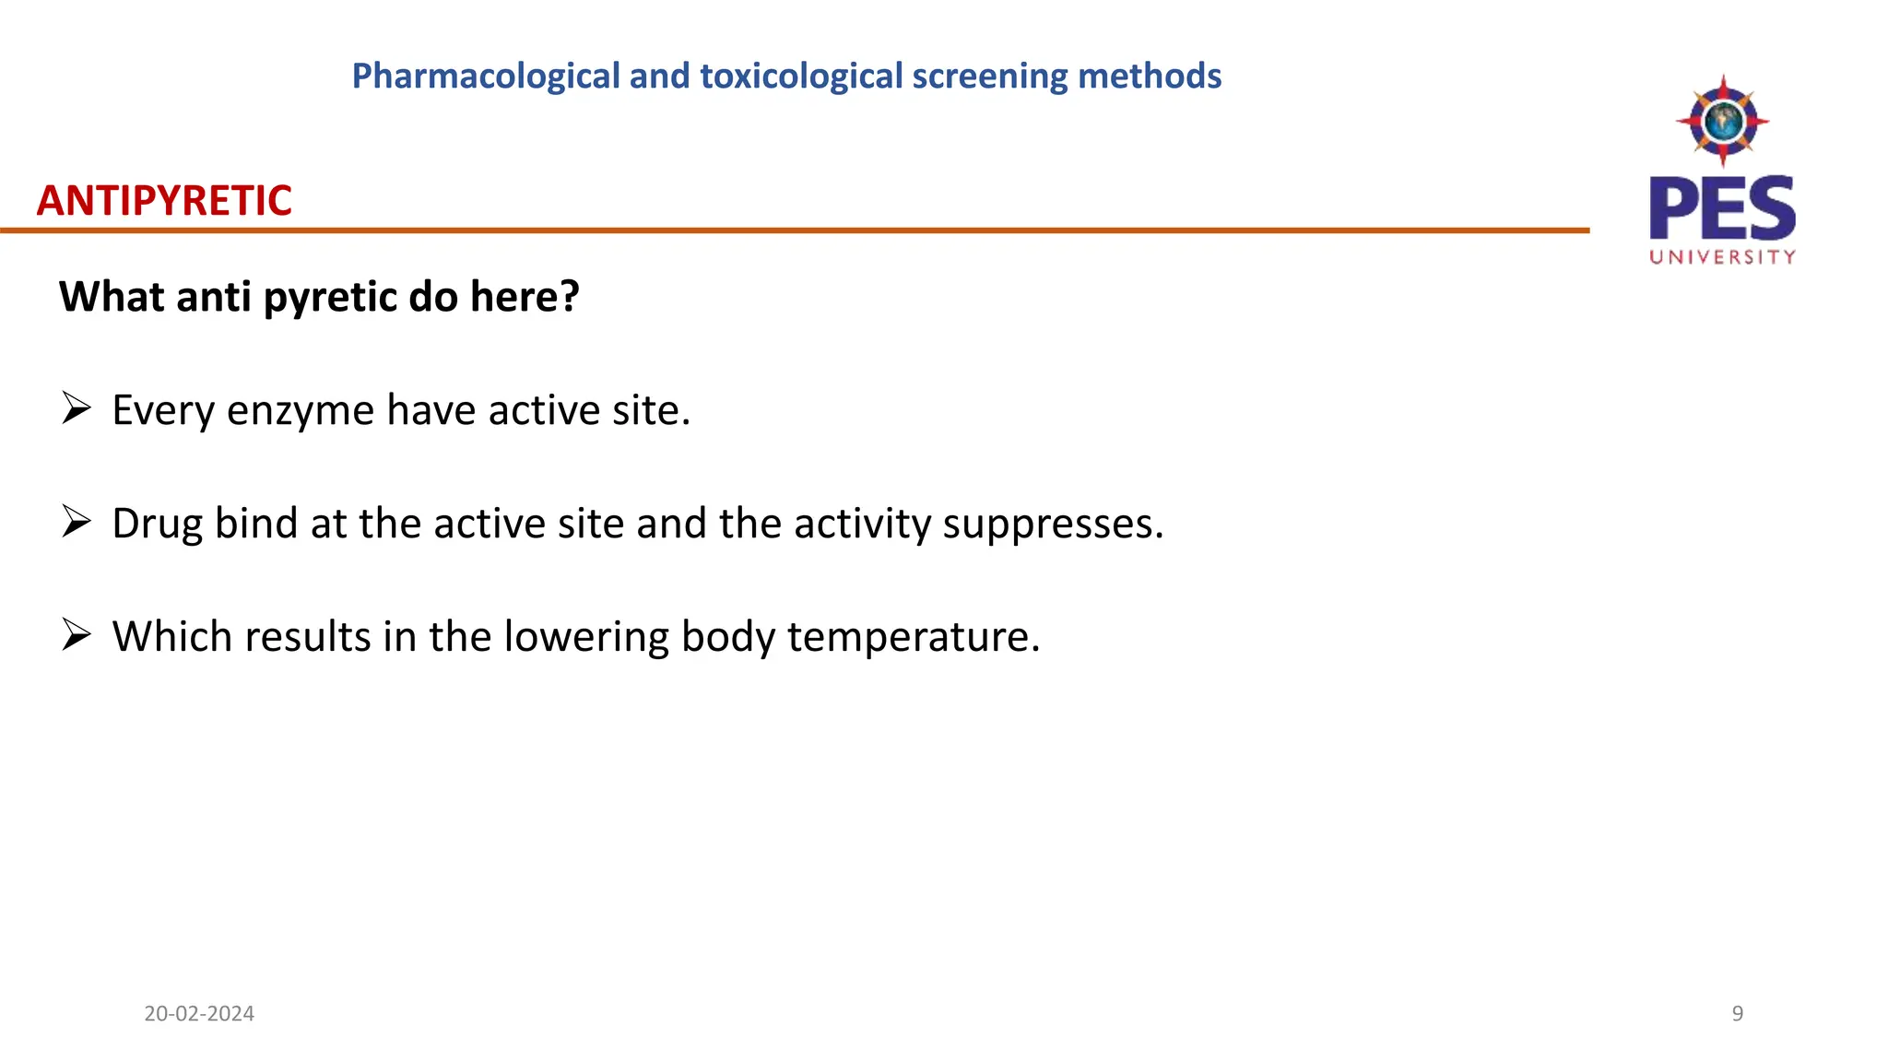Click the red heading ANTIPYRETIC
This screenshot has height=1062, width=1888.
point(164,201)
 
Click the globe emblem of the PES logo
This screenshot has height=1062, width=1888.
point(1722,121)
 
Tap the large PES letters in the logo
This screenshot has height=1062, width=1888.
point(1722,207)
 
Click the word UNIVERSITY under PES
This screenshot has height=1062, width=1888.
point(1722,257)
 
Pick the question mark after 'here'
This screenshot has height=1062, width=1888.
point(570,297)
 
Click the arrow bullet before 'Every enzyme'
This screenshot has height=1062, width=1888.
point(77,407)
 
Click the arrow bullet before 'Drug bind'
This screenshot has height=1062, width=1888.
point(77,521)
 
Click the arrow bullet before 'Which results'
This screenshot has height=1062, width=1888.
point(77,634)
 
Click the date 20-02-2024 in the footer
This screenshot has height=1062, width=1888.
point(199,1014)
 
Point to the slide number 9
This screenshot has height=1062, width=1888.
point(1738,1014)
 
